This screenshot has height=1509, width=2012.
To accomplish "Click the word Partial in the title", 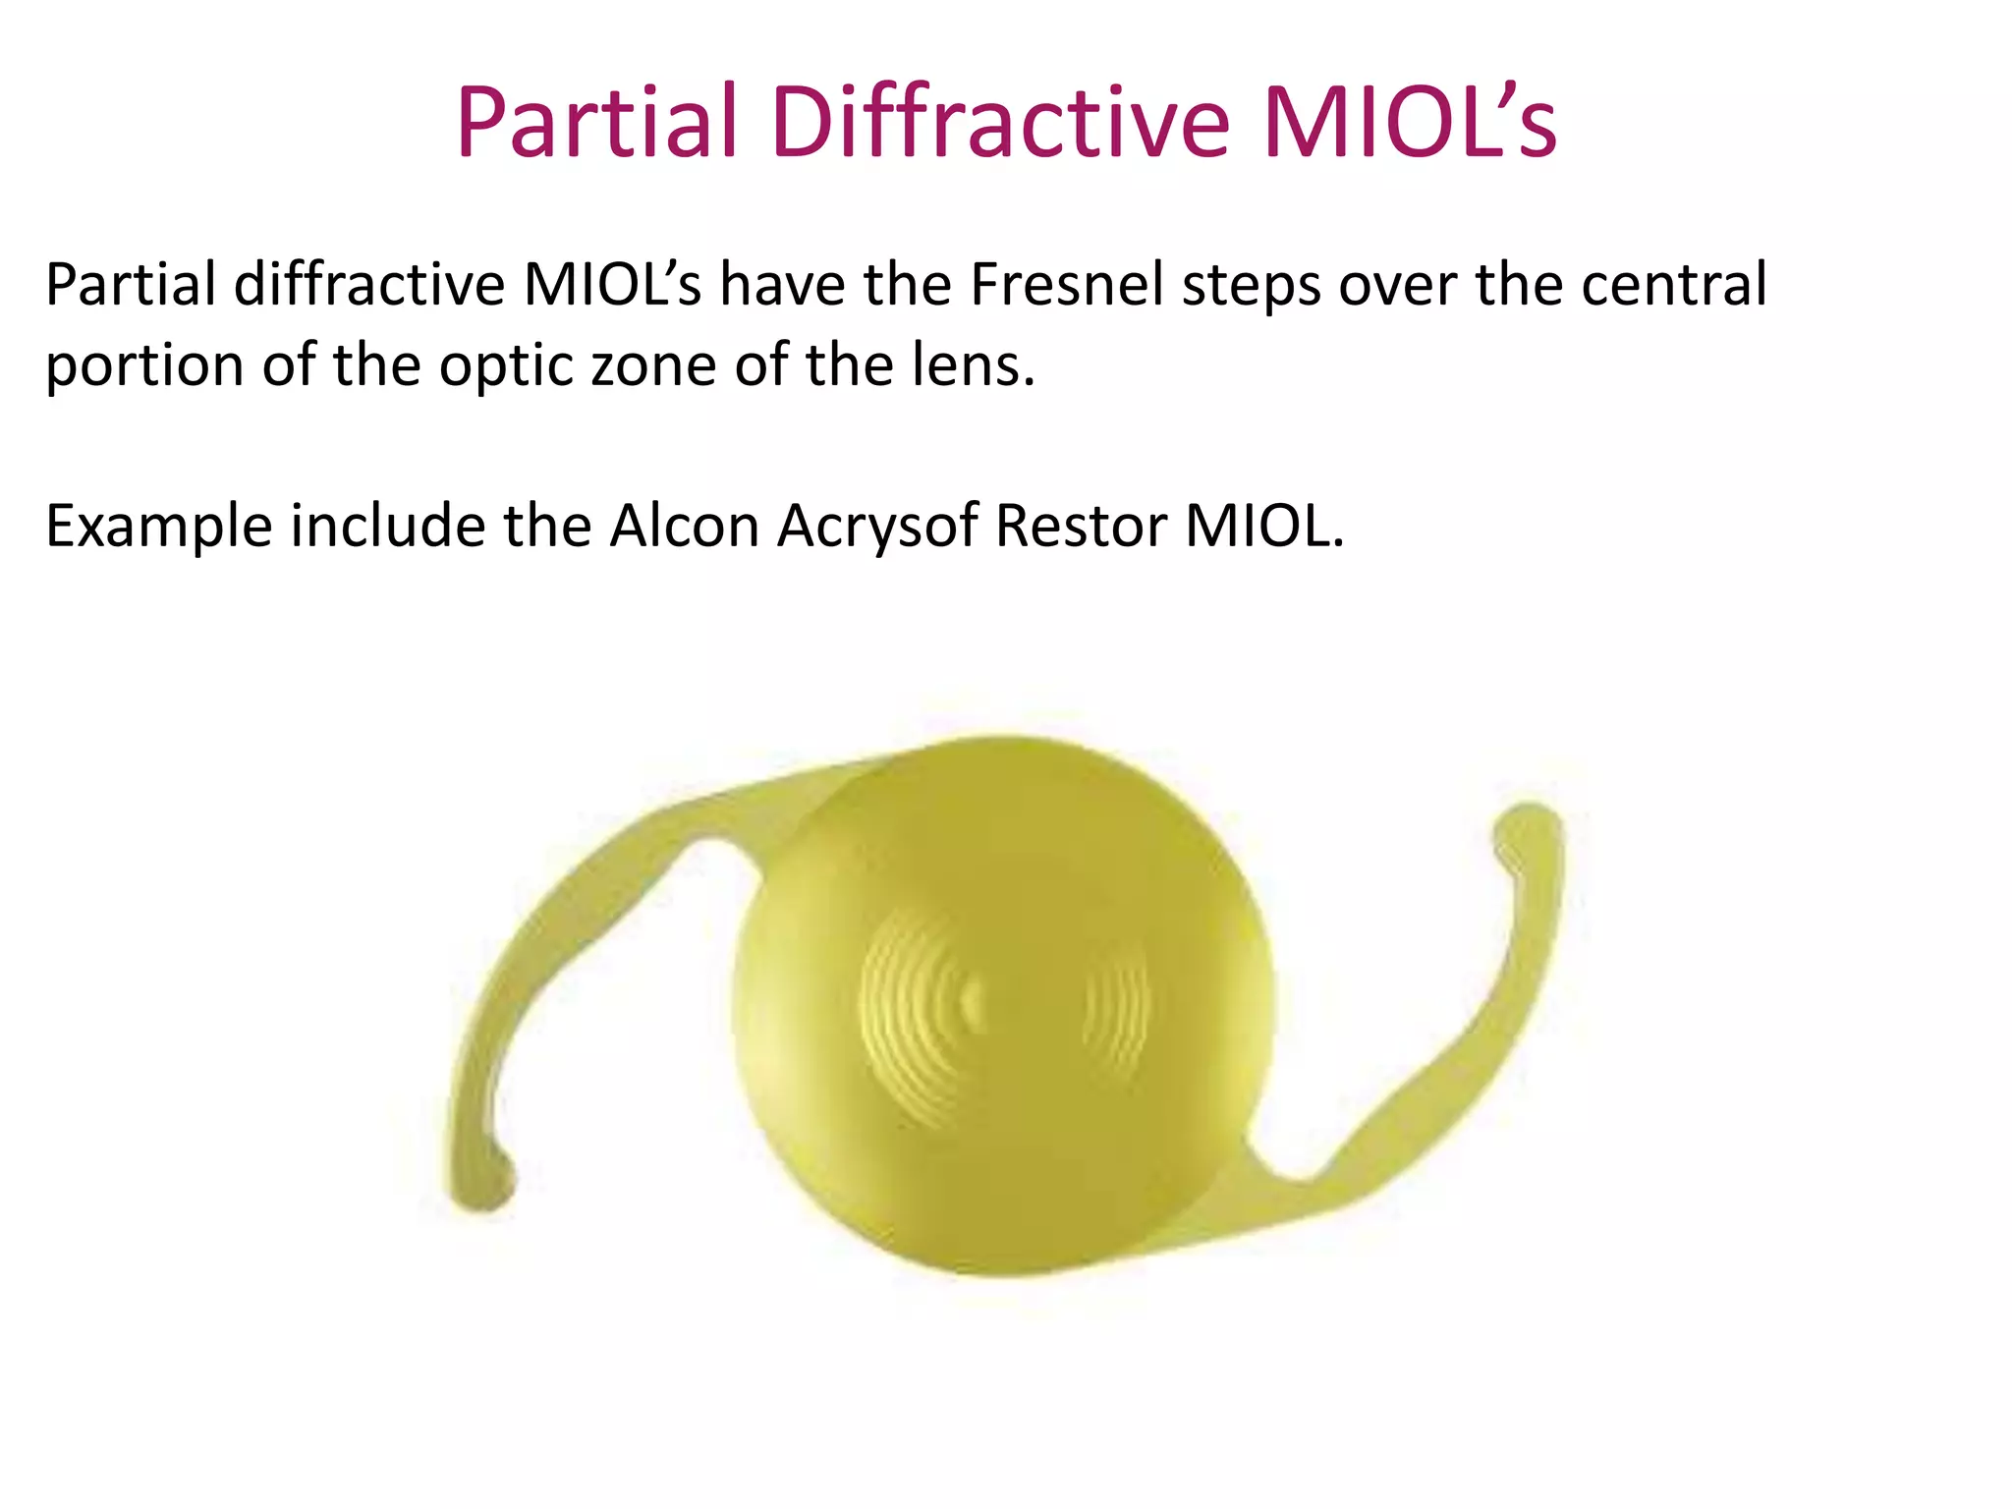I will pos(596,123).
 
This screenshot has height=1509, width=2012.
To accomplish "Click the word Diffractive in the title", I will pos(1000,123).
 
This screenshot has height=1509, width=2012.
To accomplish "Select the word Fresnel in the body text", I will pos(1066,286).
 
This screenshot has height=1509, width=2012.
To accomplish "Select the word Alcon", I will pos(684,527).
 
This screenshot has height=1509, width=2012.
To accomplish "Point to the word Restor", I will pos(1081,527).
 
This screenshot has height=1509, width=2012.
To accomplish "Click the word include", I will pos(387,527).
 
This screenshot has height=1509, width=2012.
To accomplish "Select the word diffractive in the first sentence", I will pos(369,286).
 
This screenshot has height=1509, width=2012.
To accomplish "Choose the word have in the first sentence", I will pos(782,286).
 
